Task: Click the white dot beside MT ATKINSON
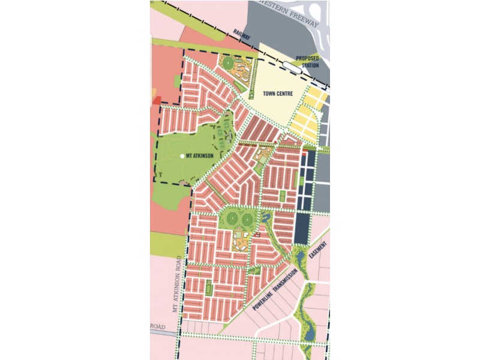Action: [x=182, y=156]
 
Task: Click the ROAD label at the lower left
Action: [x=158, y=326]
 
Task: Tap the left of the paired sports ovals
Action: [x=232, y=217]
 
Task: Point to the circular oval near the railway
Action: [x=227, y=61]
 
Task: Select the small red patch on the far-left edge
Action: [x=157, y=101]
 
